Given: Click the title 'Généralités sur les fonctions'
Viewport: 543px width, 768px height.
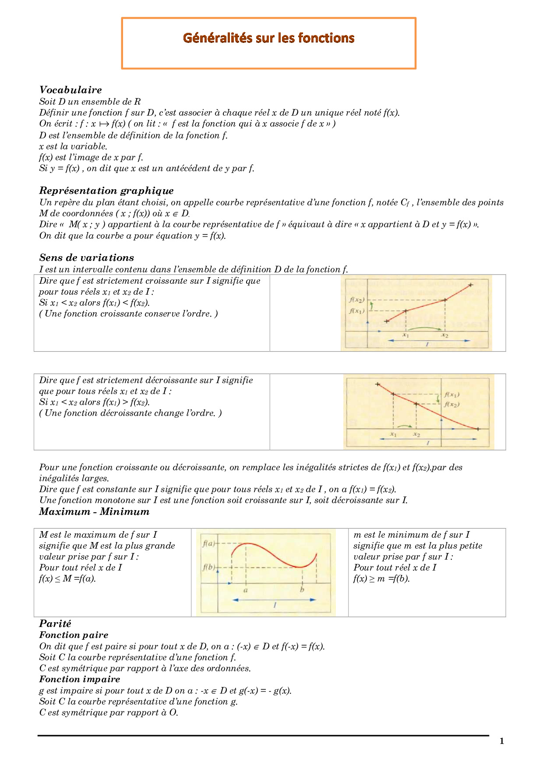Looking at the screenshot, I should pos(268,38).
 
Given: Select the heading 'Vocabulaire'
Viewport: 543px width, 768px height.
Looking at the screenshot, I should pos(71,90).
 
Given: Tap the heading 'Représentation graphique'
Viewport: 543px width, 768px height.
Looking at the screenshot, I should pos(106,191).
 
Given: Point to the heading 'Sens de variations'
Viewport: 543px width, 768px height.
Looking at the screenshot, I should pos(87,258).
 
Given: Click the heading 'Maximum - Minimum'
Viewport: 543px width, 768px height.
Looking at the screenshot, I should pos(94,512).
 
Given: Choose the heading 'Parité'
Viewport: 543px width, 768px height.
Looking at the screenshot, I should pos(55,624).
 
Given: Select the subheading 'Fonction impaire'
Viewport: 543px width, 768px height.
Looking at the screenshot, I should pos(80,680).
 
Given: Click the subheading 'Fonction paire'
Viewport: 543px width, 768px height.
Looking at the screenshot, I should pos(74,635).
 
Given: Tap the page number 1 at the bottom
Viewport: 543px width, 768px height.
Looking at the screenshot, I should pos(502,741).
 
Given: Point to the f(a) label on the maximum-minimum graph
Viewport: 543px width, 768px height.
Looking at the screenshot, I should pos(209,544).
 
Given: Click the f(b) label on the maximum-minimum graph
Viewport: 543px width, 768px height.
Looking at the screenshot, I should pos(209,567).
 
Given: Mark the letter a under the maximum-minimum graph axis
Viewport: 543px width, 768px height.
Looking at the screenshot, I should pos(246,590).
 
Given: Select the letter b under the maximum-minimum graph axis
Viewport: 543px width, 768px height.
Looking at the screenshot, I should pos(302,590).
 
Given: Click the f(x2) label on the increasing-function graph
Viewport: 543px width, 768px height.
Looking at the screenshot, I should pos(357,300).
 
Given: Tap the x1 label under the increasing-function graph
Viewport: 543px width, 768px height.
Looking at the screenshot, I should pos(406,335).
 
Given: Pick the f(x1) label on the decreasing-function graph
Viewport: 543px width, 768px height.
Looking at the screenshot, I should pos(452,395).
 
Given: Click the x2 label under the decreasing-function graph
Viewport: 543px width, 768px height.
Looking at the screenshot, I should pos(416,434).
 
